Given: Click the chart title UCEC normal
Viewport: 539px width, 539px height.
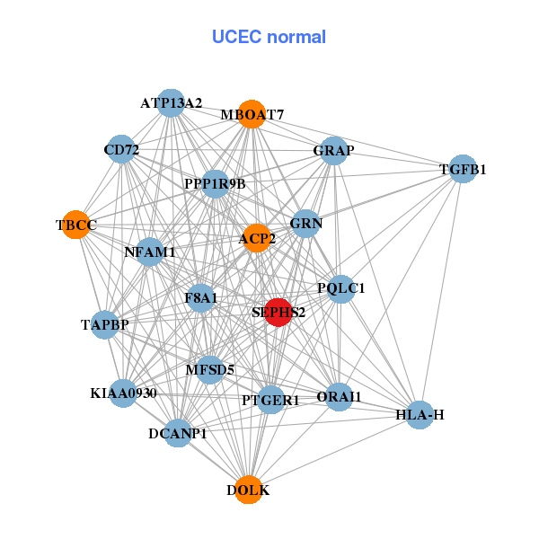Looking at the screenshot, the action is (269, 37).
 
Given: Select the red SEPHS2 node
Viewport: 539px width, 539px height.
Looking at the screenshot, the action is (278, 312).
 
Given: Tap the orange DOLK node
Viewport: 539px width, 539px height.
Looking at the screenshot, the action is (249, 490).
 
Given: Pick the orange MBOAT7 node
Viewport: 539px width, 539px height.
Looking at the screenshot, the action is (252, 114).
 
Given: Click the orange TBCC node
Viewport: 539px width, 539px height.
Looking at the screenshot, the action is (78, 225).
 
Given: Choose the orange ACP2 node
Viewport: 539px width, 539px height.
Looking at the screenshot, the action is (256, 238).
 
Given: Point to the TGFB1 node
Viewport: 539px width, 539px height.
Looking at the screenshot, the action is (462, 169).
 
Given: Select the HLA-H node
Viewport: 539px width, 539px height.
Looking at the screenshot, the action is (420, 415).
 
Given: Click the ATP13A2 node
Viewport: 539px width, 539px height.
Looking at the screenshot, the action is (171, 102).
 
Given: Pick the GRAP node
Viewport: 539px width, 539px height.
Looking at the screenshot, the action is (333, 150).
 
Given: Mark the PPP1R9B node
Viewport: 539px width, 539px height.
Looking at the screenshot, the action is (215, 184).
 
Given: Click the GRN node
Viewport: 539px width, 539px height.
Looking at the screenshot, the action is (306, 223).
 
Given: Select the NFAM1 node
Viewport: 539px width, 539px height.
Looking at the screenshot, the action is (150, 252).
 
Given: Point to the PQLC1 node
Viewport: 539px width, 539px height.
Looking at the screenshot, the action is (340, 288).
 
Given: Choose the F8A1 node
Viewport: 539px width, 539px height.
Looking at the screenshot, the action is (201, 297).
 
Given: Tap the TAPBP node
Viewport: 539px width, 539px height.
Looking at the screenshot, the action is (105, 324).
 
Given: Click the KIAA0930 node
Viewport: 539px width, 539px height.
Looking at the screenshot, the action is (124, 393).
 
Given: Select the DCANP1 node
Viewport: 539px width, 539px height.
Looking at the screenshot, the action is (178, 434).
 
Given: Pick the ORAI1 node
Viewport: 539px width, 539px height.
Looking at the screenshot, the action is (339, 396).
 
